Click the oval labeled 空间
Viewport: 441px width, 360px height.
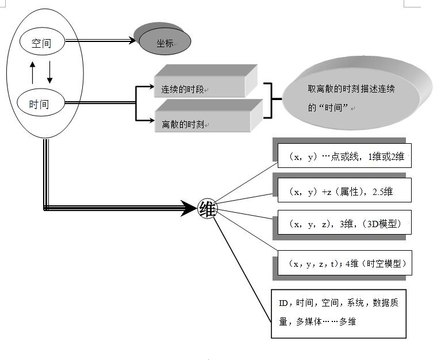click(41, 42)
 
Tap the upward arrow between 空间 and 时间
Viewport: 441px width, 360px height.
click(32, 72)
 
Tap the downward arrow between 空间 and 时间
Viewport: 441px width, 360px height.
click(49, 72)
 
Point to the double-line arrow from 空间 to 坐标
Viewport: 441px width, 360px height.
click(101, 41)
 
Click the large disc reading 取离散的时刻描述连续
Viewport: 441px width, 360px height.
click(356, 95)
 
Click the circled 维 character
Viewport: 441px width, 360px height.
click(208, 210)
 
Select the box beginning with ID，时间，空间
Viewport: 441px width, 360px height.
click(339, 313)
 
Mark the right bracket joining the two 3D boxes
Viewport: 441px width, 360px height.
click(269, 100)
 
